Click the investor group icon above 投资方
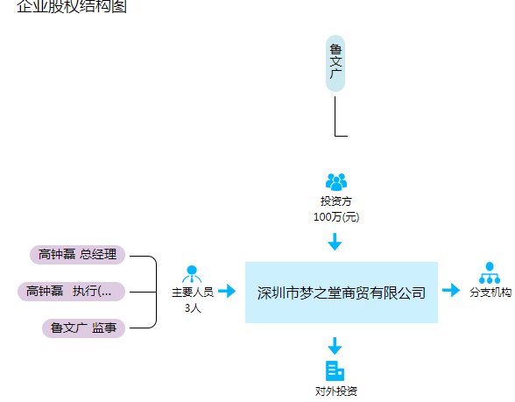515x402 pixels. [336, 182]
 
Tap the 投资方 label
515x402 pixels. [336, 201]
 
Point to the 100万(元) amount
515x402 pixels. [336, 216]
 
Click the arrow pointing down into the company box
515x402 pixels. [335, 242]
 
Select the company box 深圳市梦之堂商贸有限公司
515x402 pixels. [341, 293]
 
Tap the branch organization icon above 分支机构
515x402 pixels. [489, 272]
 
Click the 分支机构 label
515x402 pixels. [491, 293]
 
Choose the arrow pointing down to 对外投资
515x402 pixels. [335, 345]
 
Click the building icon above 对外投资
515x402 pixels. [335, 370]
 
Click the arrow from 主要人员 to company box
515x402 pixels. [227, 291]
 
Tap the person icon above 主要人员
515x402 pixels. [192, 273]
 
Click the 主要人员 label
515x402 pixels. [193, 293]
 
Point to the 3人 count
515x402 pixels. [193, 308]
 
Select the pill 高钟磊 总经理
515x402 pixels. [78, 255]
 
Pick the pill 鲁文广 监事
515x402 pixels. [84, 328]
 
